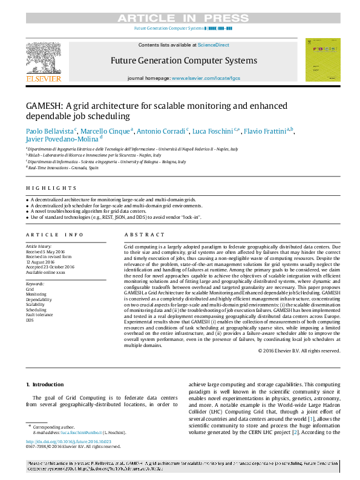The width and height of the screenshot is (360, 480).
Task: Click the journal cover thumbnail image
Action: [322, 60]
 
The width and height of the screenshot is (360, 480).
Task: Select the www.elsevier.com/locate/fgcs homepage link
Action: [206, 79]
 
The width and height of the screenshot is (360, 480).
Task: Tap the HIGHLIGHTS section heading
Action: [43, 189]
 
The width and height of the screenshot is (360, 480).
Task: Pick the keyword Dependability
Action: [38, 299]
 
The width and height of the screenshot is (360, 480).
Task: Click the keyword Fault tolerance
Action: [39, 314]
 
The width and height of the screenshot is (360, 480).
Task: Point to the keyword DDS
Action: [30, 319]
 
